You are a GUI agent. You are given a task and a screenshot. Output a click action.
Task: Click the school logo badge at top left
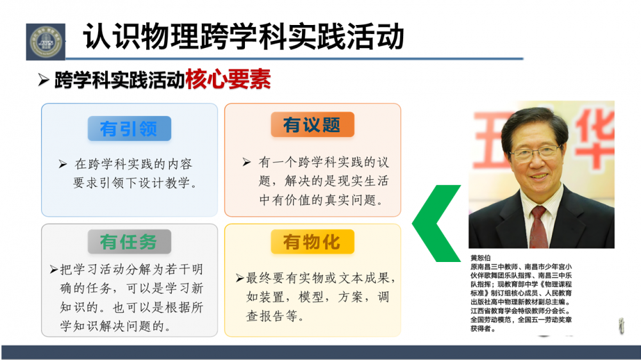(x=46, y=42)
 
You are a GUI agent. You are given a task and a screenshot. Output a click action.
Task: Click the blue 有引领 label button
(x=129, y=128)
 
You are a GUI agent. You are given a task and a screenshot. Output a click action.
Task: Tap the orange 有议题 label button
(x=312, y=124)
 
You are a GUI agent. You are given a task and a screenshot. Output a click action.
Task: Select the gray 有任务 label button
(x=129, y=241)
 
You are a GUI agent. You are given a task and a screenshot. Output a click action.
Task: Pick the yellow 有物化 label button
(x=312, y=241)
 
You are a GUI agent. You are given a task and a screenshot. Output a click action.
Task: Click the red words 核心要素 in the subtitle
(x=228, y=79)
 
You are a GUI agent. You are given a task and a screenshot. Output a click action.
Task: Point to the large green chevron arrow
(x=437, y=223)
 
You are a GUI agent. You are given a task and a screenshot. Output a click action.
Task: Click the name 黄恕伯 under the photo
(x=480, y=258)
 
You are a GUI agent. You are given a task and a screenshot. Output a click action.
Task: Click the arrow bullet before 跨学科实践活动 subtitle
(x=44, y=79)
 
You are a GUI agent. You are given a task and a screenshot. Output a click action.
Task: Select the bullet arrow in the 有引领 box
(x=63, y=164)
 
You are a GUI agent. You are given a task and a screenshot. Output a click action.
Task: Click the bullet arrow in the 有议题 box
(x=247, y=162)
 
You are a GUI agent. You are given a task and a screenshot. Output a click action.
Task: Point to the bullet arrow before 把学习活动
(x=54, y=269)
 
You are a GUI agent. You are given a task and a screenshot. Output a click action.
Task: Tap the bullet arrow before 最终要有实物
(x=240, y=278)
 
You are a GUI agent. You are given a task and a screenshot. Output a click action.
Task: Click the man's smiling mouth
(x=538, y=177)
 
